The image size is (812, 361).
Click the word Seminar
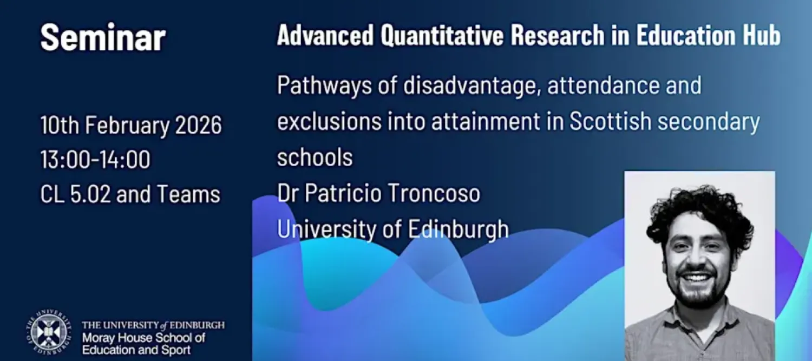click(x=103, y=37)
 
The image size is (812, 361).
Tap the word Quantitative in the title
click(x=442, y=36)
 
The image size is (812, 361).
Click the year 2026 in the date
click(x=198, y=126)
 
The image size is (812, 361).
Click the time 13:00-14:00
click(x=95, y=160)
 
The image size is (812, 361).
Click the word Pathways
click(x=324, y=86)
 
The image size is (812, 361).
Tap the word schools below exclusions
click(x=315, y=157)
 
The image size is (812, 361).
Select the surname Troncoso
click(x=434, y=193)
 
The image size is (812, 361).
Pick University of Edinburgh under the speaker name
click(x=393, y=229)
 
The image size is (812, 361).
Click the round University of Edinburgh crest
click(x=49, y=332)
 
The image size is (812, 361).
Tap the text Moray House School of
click(x=143, y=338)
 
